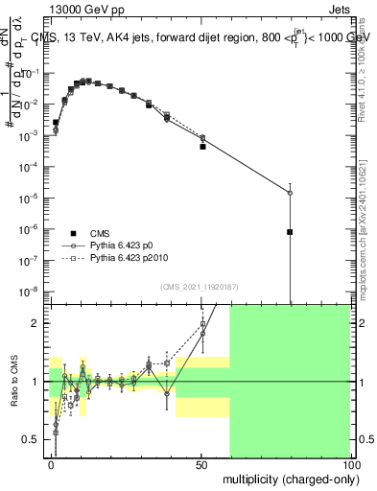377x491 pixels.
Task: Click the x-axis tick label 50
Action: [x=201, y=465]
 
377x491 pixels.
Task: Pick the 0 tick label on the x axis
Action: [x=51, y=465]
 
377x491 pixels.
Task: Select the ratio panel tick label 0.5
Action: [x=35, y=439]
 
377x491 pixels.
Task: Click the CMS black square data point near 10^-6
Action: [x=290, y=232]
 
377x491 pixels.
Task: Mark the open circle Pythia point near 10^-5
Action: [x=290, y=193]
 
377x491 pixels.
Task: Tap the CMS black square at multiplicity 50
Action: [x=202, y=147]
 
